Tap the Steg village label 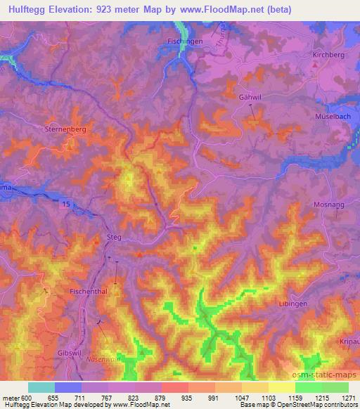[113, 238]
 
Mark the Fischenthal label [89, 290]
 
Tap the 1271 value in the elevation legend [341, 398]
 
